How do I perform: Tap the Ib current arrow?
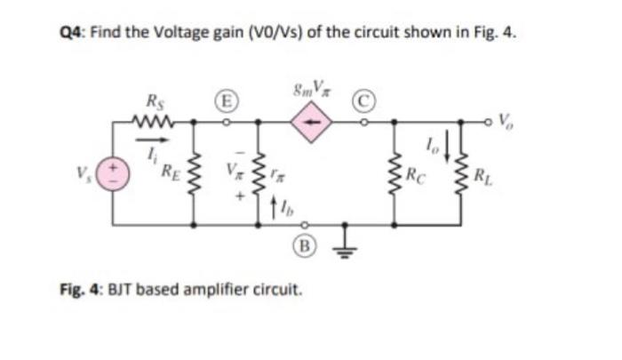point(271,210)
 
